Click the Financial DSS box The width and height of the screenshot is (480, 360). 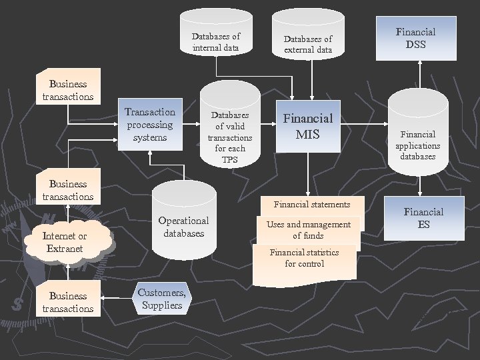[415, 38]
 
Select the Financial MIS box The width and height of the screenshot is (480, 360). [308, 127]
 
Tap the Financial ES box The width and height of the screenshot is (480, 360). [423, 218]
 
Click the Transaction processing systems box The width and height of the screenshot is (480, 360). [150, 125]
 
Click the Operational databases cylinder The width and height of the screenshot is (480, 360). [183, 223]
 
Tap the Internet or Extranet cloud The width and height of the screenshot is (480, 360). [65, 242]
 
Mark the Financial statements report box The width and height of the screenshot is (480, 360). [311, 205]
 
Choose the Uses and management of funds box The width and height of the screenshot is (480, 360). [308, 230]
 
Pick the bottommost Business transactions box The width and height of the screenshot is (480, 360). [67, 301]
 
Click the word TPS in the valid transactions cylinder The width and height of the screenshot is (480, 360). [229, 160]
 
